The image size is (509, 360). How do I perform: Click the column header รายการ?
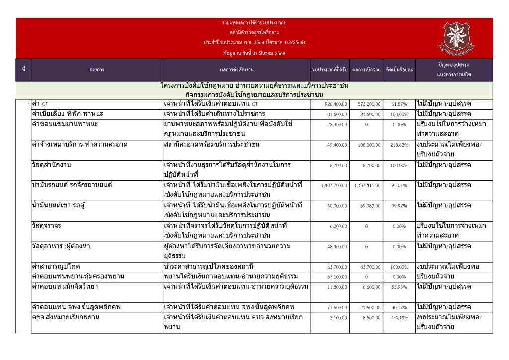[x=97, y=70]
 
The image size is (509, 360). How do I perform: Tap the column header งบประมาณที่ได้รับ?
[x=330, y=70]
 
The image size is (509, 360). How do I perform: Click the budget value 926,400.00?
[x=337, y=104]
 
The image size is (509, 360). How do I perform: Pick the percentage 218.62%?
[x=399, y=145]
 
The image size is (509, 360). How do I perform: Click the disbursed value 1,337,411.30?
[x=368, y=186]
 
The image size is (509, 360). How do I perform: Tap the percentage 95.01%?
[x=399, y=186]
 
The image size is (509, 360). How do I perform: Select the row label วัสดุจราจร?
[x=46, y=226]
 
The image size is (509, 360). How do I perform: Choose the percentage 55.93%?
[x=399, y=287]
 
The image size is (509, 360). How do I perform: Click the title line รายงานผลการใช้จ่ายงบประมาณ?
[x=254, y=23]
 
